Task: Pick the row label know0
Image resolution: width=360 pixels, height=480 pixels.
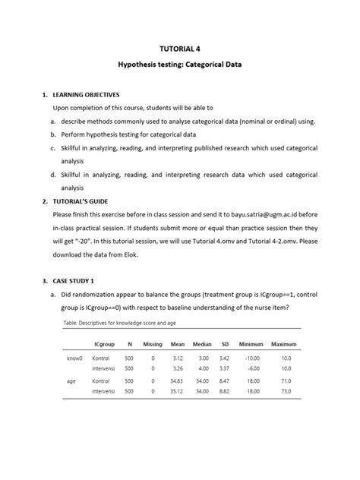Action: pyautogui.click(x=74, y=357)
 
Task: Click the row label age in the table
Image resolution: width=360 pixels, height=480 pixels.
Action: pyautogui.click(x=71, y=381)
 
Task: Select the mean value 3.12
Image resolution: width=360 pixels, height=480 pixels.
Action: pyautogui.click(x=178, y=357)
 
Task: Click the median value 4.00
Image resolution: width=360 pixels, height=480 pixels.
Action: pyautogui.click(x=203, y=368)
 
